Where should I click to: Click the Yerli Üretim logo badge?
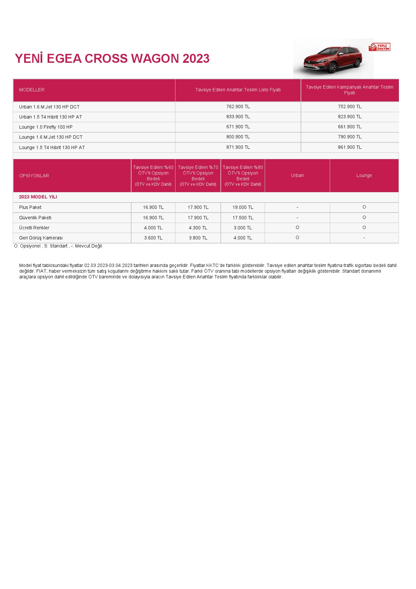pyautogui.click(x=379, y=47)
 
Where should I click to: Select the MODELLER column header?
pyautogui.click(x=32, y=90)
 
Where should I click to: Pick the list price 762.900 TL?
pyautogui.click(x=238, y=107)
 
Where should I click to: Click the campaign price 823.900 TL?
pyautogui.click(x=350, y=117)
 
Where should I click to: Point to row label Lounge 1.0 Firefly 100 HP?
pyautogui.click(x=46, y=127)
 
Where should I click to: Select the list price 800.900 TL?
pyautogui.click(x=238, y=137)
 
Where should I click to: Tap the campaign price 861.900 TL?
pyautogui.click(x=350, y=147)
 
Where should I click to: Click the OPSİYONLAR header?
pyautogui.click(x=34, y=176)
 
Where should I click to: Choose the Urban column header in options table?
pyautogui.click(x=297, y=175)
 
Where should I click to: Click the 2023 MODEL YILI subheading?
pyautogui.click(x=38, y=197)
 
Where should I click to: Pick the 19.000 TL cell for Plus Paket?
pyautogui.click(x=243, y=208)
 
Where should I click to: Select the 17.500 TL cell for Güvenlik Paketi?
pyautogui.click(x=243, y=218)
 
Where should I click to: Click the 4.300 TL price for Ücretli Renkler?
pyautogui.click(x=198, y=228)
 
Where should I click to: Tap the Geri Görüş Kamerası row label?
pyautogui.click(x=41, y=238)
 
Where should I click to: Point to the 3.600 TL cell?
pyautogui.click(x=153, y=238)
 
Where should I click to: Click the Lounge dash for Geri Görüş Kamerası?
pyautogui.click(x=364, y=238)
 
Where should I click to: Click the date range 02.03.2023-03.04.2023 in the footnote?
pyautogui.click(x=108, y=265)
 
